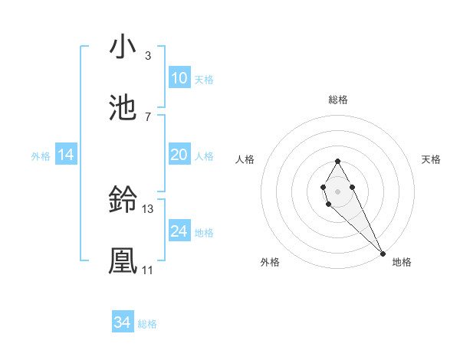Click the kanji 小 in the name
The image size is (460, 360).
point(122,47)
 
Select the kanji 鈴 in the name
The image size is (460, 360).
point(122,201)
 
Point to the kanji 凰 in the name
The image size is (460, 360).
point(122,260)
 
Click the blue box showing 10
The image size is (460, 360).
point(179,78)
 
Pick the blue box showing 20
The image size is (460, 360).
point(179,155)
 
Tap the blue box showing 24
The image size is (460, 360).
point(179,231)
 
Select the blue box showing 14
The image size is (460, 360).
point(66,155)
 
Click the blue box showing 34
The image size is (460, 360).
point(122,322)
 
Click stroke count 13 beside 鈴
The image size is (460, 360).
point(148,208)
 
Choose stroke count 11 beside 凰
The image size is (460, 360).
point(147,270)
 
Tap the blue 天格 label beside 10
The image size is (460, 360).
point(204,79)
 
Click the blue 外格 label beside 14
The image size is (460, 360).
point(41,155)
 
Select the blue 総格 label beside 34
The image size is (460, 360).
point(147,323)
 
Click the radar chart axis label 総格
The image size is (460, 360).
point(337,100)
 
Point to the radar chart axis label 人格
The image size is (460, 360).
point(245,159)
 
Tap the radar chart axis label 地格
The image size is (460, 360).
point(402,262)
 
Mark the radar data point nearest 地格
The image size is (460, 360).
point(383,253)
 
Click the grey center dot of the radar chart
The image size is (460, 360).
point(337,190)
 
